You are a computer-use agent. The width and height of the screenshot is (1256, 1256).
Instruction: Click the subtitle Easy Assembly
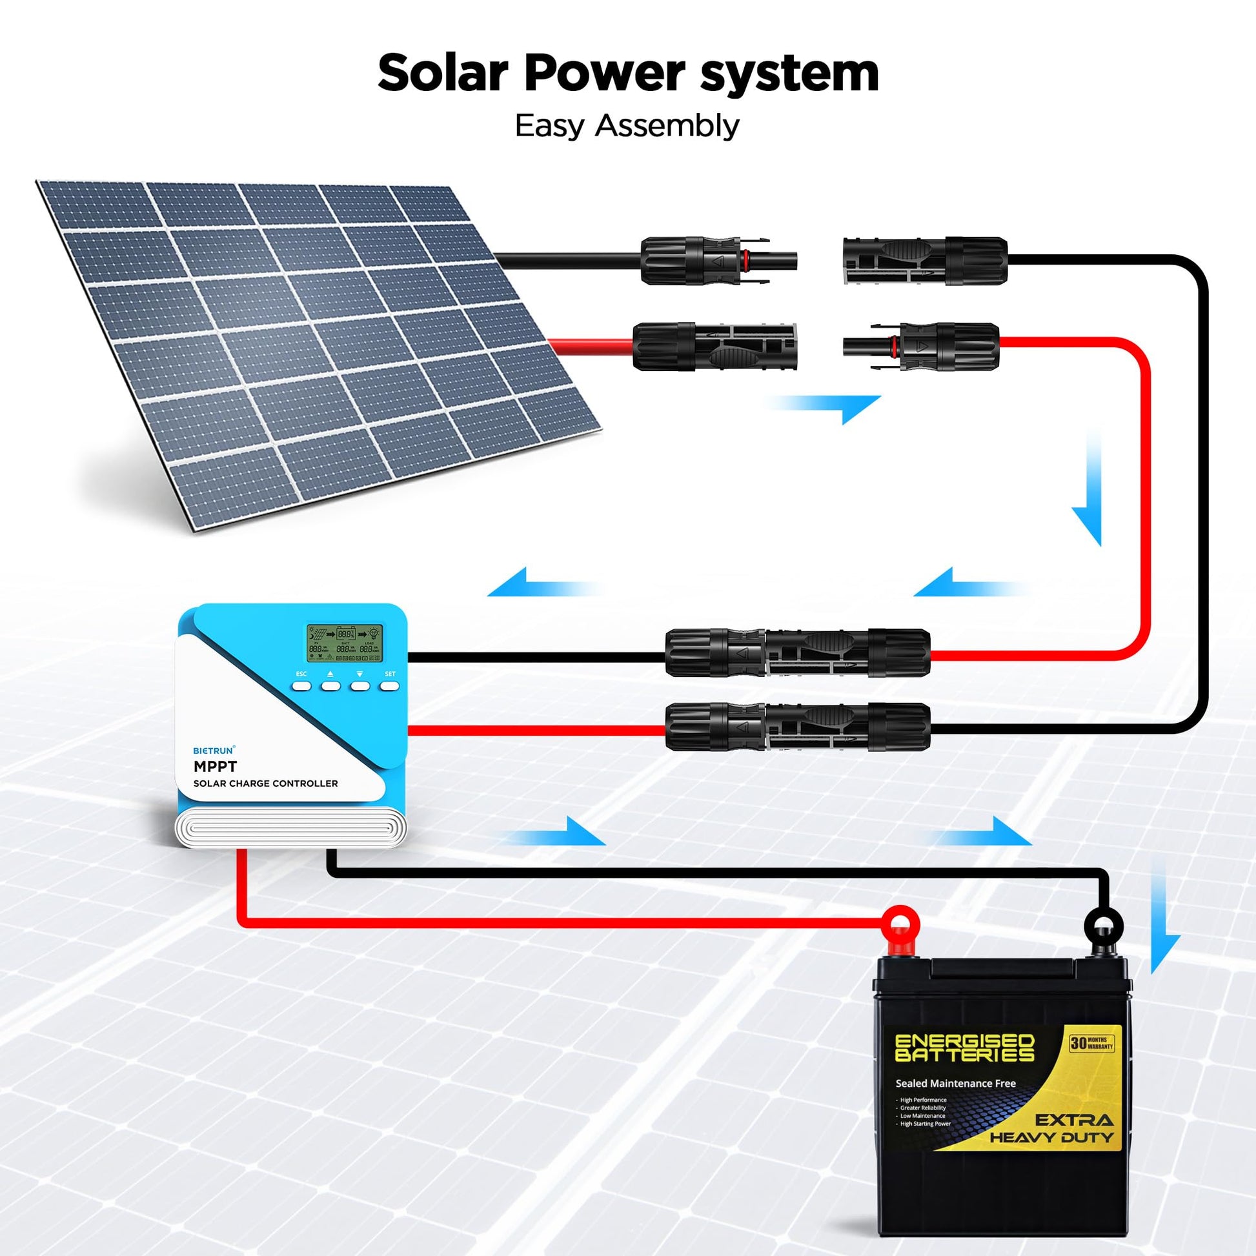click(x=627, y=125)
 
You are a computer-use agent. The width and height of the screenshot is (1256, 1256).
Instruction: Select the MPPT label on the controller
click(x=215, y=767)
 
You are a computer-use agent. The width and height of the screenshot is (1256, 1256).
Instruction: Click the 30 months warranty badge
click(x=1091, y=1044)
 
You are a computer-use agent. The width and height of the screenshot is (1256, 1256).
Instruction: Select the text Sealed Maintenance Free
click(x=955, y=1083)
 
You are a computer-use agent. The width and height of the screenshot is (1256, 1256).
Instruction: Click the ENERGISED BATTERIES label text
click(x=964, y=1048)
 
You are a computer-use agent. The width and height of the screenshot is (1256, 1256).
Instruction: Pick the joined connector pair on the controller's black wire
click(x=797, y=652)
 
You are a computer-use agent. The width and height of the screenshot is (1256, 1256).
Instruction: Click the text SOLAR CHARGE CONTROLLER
click(x=265, y=784)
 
